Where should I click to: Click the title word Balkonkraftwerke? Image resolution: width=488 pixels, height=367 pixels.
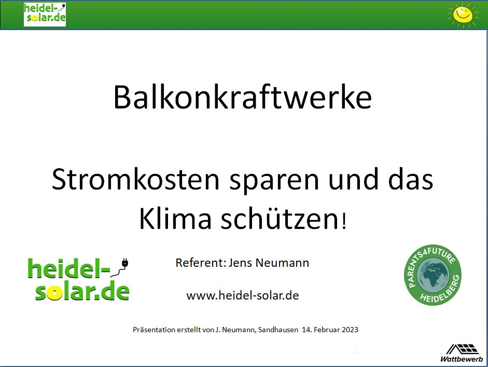242,97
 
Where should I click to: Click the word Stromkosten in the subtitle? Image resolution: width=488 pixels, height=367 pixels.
136,179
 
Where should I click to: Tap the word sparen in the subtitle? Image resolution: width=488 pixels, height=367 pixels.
274,181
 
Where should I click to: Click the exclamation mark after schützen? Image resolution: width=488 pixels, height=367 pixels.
344,221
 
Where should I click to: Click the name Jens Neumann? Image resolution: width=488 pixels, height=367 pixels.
269,263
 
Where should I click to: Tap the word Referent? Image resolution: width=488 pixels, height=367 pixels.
199,263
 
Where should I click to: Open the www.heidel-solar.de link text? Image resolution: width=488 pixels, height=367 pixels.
242,295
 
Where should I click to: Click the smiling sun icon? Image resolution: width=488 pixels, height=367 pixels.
463,15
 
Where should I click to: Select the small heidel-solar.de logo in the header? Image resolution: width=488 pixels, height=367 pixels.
45,15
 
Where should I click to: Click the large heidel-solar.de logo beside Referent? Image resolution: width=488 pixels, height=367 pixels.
79,279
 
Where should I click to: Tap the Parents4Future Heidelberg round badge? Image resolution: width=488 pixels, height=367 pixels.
433,275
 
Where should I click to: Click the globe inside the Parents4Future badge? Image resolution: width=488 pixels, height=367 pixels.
433,275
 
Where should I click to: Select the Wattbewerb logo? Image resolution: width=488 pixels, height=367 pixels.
462,353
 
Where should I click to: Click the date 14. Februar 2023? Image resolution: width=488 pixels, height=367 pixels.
330,330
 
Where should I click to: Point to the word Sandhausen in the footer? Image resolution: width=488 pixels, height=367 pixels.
278,330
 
